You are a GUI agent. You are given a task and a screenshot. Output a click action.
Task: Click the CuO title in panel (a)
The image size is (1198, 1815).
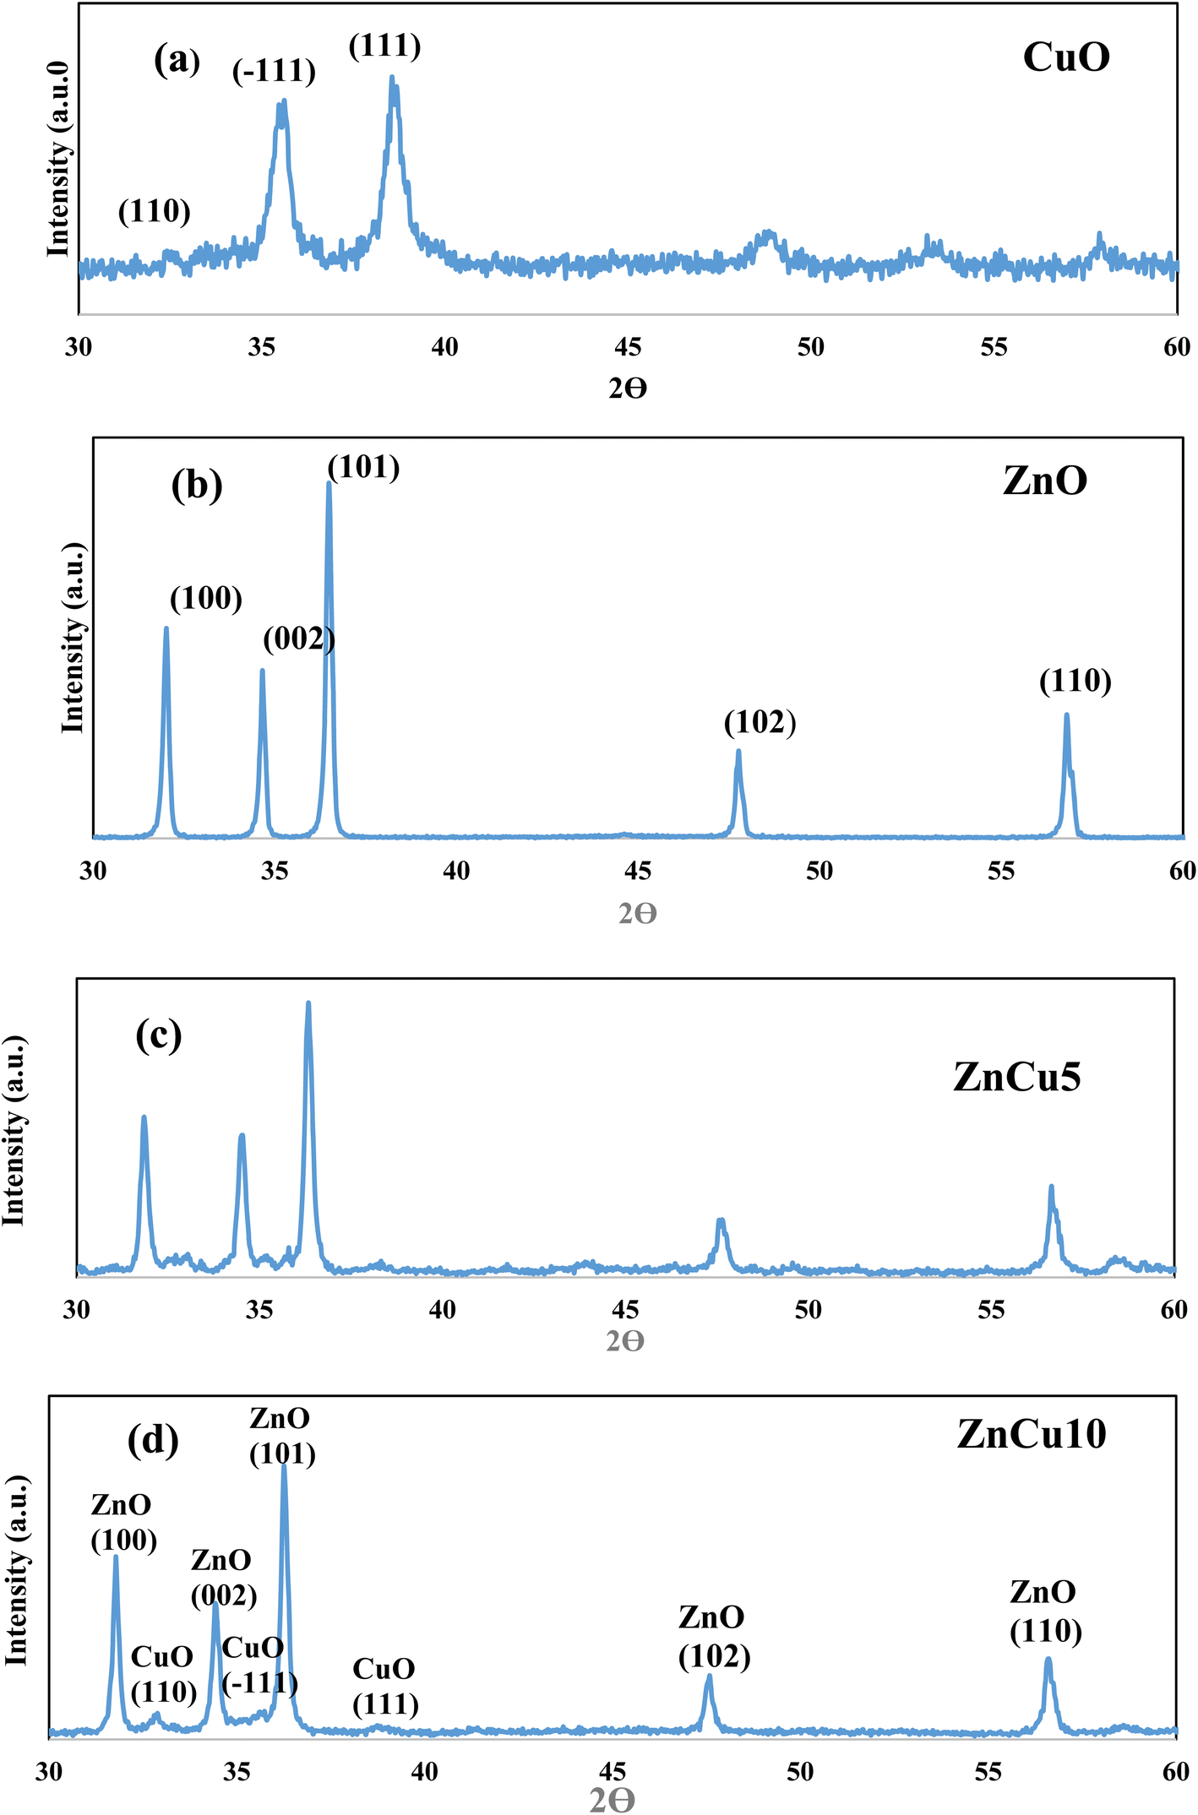pyautogui.click(x=1066, y=57)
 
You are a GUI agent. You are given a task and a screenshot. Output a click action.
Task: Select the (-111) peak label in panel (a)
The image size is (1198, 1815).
pyautogui.click(x=274, y=71)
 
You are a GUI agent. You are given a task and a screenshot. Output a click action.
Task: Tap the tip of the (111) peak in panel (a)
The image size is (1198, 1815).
pyautogui.click(x=391, y=78)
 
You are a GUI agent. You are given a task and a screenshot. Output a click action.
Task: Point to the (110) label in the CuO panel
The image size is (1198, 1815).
pyautogui.click(x=155, y=211)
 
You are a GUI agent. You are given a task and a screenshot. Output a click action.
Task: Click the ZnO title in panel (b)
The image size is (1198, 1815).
pyautogui.click(x=1045, y=481)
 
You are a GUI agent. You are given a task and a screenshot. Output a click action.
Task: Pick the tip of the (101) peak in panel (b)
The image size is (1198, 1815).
pyautogui.click(x=329, y=484)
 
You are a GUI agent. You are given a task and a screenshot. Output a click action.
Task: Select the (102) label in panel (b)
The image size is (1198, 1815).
pyautogui.click(x=760, y=722)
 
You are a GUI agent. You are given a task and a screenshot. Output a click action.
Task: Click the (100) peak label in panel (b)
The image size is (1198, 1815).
pyautogui.click(x=206, y=599)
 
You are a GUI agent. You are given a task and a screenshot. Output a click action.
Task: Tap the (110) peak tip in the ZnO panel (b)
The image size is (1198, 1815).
pyautogui.click(x=1066, y=715)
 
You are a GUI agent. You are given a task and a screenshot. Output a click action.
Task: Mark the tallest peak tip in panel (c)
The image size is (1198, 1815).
pyautogui.click(x=308, y=1003)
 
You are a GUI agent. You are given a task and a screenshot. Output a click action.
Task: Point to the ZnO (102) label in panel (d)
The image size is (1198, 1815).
pyautogui.click(x=714, y=1636)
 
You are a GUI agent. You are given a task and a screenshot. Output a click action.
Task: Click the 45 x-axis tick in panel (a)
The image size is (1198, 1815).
pyautogui.click(x=628, y=346)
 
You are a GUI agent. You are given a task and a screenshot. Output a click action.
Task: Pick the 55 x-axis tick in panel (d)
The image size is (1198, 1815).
pyautogui.click(x=988, y=1771)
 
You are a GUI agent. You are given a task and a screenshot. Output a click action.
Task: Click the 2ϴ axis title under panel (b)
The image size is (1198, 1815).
pyautogui.click(x=637, y=913)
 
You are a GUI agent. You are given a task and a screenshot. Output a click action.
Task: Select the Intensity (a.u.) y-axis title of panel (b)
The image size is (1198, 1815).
pyautogui.click(x=74, y=638)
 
